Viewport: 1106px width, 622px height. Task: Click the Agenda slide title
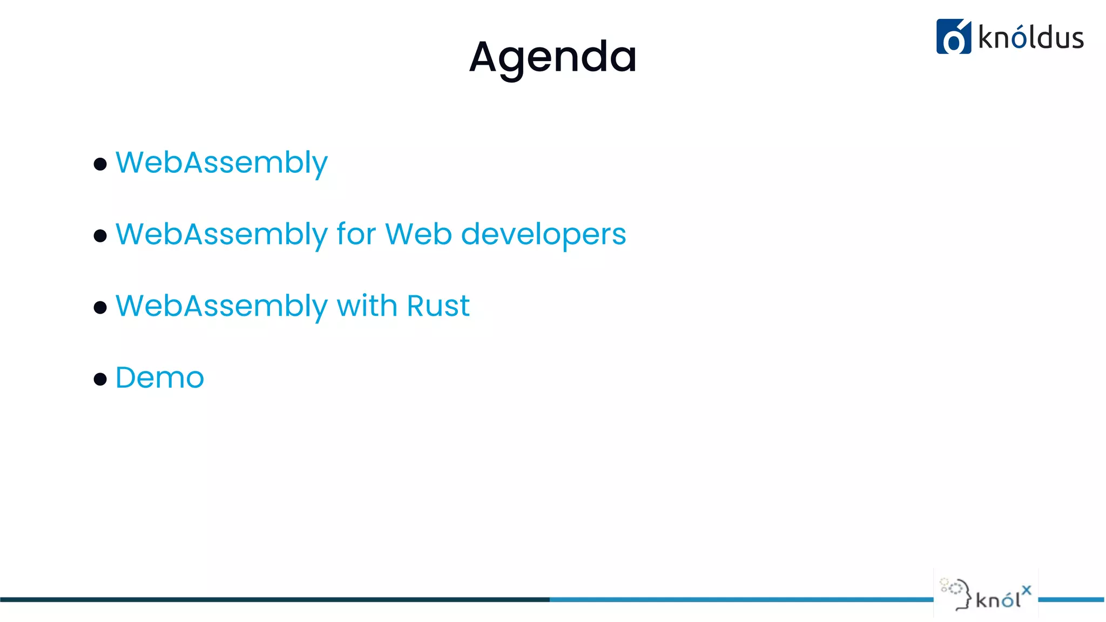[x=552, y=57]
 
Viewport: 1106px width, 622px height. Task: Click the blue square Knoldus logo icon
[x=953, y=37]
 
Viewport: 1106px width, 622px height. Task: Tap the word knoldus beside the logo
[x=1030, y=38]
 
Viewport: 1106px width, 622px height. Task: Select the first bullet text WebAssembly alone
[x=221, y=163]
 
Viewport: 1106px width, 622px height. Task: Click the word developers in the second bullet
[x=543, y=234]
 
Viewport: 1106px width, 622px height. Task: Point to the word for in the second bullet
[x=356, y=234]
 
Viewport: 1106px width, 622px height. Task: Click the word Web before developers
[x=419, y=234]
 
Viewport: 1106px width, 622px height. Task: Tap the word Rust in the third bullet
[x=438, y=306]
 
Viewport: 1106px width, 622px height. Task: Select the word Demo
[x=160, y=377]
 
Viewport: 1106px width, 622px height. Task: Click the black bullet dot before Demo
[x=100, y=379]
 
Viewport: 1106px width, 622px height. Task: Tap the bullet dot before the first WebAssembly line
[x=100, y=164]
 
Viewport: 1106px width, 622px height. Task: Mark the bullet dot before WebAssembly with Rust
[x=100, y=308]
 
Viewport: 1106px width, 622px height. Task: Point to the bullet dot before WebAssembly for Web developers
[x=100, y=236]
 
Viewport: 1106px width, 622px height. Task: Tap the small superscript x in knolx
[x=1026, y=590]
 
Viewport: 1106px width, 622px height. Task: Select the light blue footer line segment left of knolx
[x=740, y=599]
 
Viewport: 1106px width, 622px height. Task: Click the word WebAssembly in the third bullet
[x=221, y=306]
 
